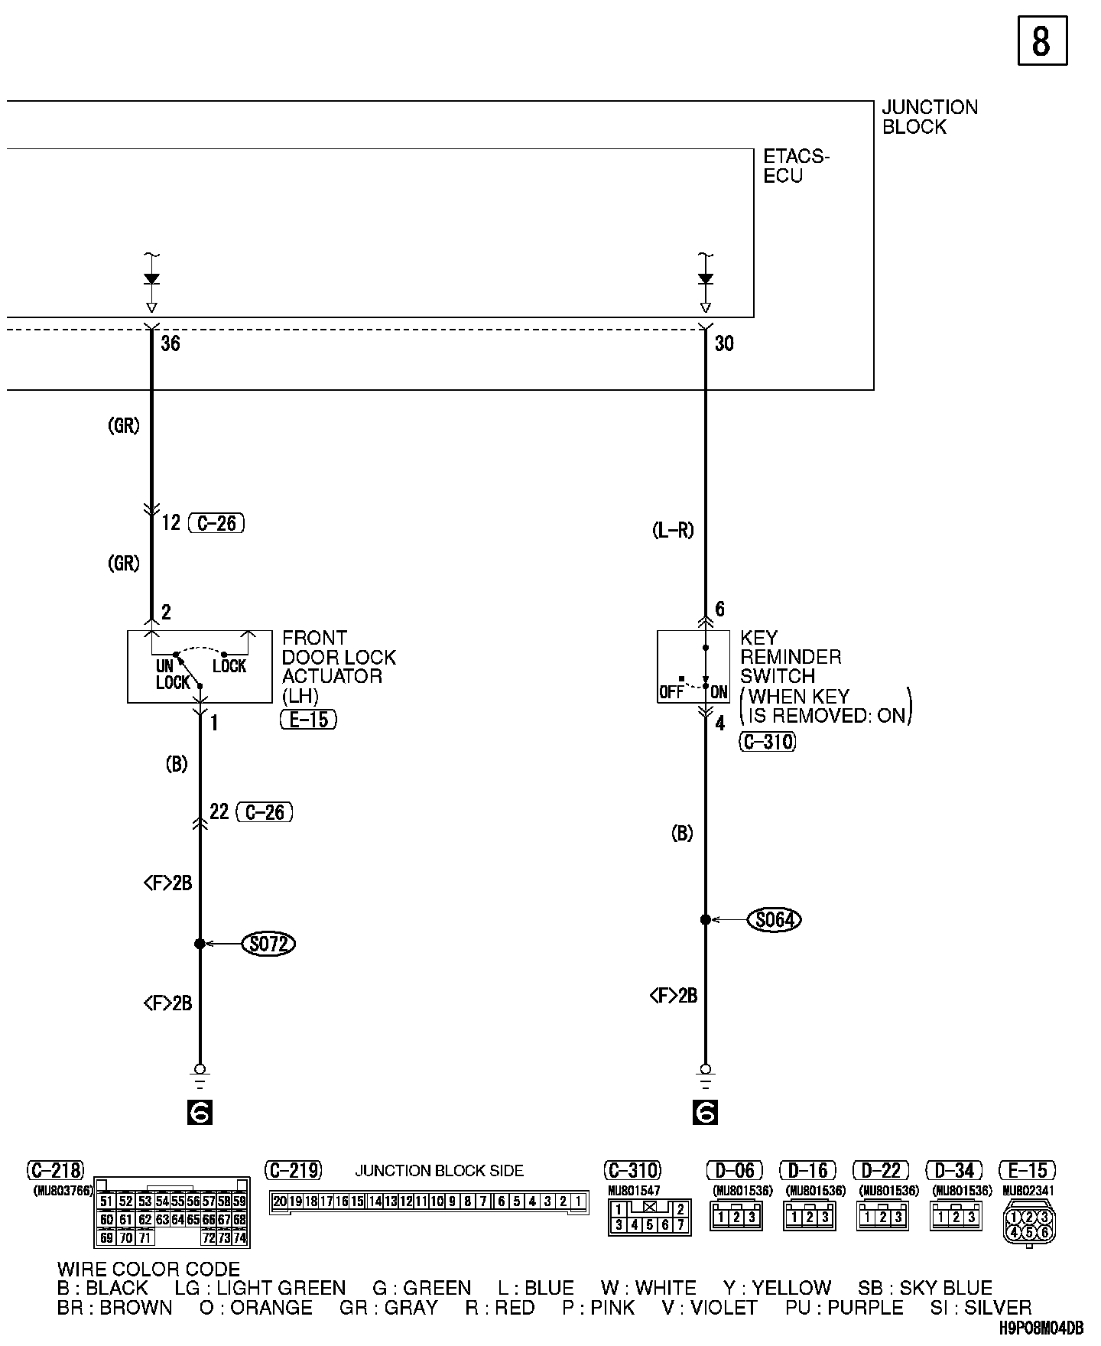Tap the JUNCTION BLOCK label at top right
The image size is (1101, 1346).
tap(929, 117)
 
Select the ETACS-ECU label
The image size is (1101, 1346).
tap(796, 166)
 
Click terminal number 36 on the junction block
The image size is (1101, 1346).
tap(171, 344)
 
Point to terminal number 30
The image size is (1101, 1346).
tap(724, 344)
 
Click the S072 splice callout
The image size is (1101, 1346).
tap(268, 944)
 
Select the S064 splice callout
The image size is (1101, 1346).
tap(774, 919)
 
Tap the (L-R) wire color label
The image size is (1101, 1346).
tap(673, 530)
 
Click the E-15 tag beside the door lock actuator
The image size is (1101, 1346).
tap(309, 720)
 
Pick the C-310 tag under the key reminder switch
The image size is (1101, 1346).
tap(768, 742)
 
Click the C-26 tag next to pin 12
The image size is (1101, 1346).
tap(216, 523)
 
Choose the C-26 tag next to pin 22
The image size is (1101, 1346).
tap(265, 812)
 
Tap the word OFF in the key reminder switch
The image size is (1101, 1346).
tap(671, 693)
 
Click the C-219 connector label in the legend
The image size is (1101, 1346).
tap(293, 1171)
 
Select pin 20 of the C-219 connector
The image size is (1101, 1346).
tap(280, 1201)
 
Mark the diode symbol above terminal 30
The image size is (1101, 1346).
tap(705, 279)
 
